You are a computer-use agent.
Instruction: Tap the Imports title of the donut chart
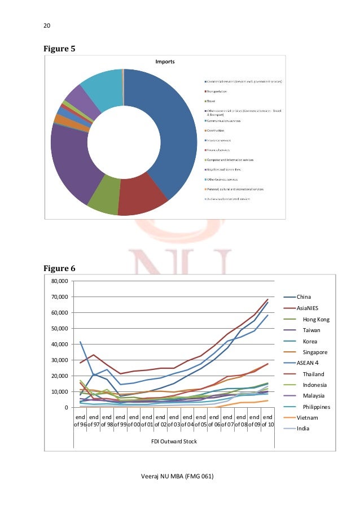[165, 60]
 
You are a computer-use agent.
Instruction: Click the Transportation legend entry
[217, 91]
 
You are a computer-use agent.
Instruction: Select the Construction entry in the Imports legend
[216, 130]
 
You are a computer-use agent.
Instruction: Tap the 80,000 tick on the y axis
[59, 281]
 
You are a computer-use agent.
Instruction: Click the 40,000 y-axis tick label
[59, 344]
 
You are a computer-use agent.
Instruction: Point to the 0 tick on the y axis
[65, 407]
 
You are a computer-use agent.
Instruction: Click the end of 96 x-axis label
[80, 420]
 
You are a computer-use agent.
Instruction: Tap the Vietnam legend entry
[308, 417]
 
